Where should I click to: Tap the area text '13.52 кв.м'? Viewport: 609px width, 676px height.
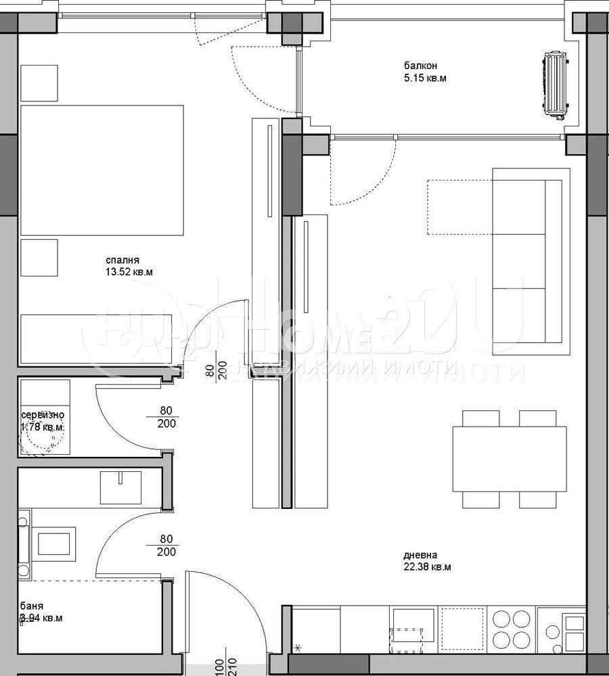[x=129, y=273]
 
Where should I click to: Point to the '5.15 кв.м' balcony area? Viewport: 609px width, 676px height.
[x=425, y=78]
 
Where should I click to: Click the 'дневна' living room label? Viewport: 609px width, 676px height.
[x=418, y=554]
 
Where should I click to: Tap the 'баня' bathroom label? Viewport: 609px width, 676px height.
[x=32, y=606]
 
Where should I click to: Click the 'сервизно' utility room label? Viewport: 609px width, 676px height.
[x=43, y=414]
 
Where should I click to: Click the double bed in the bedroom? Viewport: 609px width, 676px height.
[x=102, y=170]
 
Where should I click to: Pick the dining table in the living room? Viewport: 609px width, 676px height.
[x=510, y=459]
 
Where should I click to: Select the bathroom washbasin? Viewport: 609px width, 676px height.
[x=120, y=487]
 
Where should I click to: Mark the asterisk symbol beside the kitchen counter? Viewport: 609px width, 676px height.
[x=298, y=650]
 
